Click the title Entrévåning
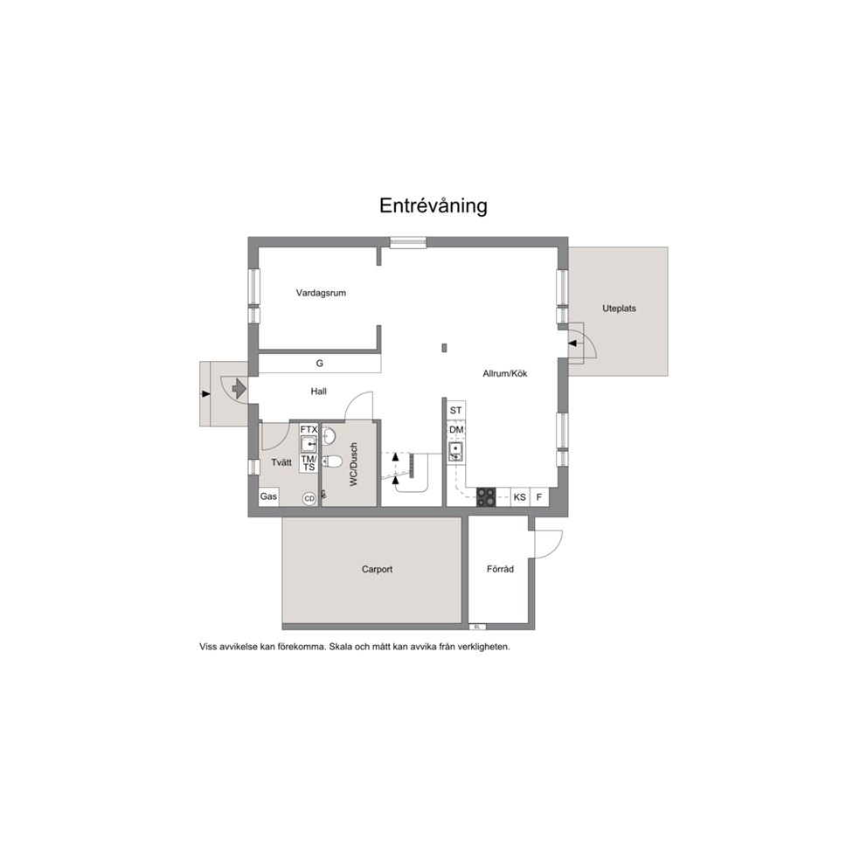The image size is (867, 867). (433, 205)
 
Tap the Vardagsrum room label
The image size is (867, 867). (321, 293)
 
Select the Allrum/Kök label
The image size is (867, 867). (505, 374)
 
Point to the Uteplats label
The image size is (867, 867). (619, 309)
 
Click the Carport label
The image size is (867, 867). (377, 569)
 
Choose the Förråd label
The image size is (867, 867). (501, 568)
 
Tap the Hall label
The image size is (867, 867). (318, 392)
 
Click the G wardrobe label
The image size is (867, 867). (320, 364)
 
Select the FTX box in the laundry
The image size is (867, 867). (309, 429)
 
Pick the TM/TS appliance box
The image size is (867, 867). (309, 463)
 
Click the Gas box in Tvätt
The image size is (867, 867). (268, 496)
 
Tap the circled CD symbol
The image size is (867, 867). (309, 499)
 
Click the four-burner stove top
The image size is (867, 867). (486, 496)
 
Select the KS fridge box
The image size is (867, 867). (520, 497)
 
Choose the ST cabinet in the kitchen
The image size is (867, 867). (455, 410)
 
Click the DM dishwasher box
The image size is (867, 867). (456, 430)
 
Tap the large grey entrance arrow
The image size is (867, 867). (239, 388)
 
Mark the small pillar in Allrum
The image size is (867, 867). (444, 348)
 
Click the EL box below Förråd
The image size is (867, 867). (476, 627)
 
